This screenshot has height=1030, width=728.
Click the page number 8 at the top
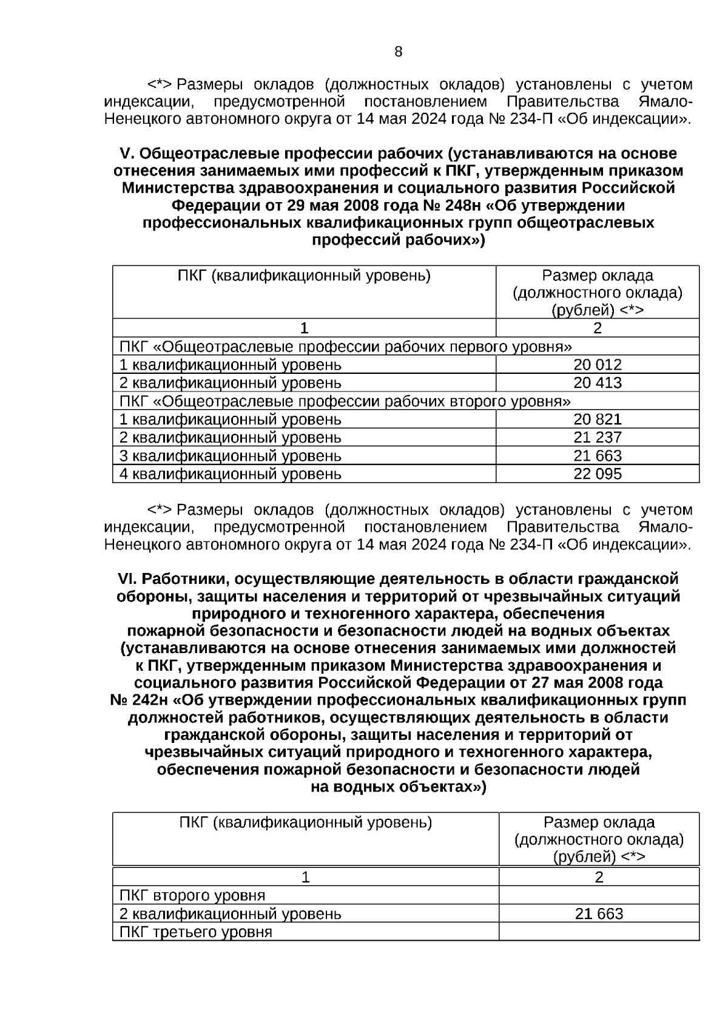point(398,52)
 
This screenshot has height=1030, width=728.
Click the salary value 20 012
point(597,365)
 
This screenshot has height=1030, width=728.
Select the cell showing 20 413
point(597,383)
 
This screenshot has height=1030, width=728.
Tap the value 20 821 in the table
point(597,419)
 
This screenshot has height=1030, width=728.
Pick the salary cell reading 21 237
point(597,438)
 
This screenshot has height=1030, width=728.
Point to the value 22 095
point(597,474)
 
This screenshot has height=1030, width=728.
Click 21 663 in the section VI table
point(599,914)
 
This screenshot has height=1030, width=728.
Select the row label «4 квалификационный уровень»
point(231,474)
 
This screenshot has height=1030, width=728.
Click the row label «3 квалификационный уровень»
point(231,456)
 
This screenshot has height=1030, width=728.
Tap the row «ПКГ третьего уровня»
point(196,932)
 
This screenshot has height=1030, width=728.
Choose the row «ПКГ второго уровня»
point(192,896)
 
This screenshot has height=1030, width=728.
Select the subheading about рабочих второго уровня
point(345,401)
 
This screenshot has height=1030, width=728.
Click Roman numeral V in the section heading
point(126,154)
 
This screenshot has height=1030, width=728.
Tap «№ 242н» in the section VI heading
point(139,700)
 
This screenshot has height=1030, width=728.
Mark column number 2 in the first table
point(597,328)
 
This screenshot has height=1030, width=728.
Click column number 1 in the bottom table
point(305,877)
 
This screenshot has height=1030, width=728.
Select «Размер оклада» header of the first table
point(597,276)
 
